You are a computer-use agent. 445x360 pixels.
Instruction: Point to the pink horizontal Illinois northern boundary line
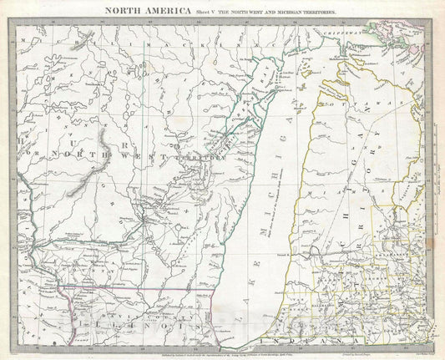pos(142,289)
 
